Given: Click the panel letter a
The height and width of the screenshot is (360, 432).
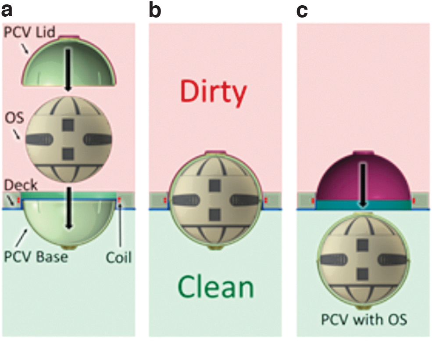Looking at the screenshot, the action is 7,11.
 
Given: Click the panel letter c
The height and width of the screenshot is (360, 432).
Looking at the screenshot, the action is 302,11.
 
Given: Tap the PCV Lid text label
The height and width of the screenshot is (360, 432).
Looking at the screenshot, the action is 30,32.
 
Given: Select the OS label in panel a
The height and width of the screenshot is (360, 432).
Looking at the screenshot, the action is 14,118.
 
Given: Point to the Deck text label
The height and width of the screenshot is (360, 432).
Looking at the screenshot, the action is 21,185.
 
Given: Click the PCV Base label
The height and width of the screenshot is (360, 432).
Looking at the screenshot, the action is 36,257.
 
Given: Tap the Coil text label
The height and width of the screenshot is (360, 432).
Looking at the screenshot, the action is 118,257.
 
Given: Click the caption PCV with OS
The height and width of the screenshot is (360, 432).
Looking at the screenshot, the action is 364,320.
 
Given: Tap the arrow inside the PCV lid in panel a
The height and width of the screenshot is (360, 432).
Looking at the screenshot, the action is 68,70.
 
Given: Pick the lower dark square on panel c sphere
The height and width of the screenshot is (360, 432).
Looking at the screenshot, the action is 363,274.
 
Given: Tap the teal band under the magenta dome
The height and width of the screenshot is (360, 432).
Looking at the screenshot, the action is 364,205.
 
